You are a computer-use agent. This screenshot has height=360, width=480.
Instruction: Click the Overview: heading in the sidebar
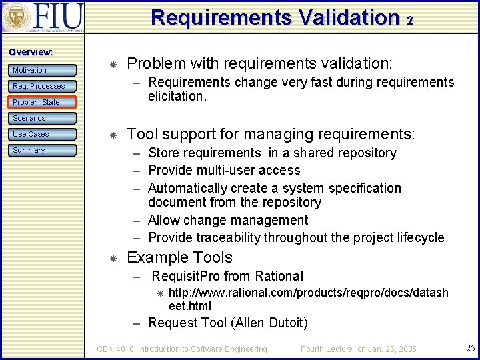31,52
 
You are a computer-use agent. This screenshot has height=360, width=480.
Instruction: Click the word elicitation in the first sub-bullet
177,96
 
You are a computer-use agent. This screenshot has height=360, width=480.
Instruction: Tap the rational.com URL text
308,293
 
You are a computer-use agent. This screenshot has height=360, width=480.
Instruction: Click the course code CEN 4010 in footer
117,349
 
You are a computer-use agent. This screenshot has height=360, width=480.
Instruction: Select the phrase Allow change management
228,220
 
